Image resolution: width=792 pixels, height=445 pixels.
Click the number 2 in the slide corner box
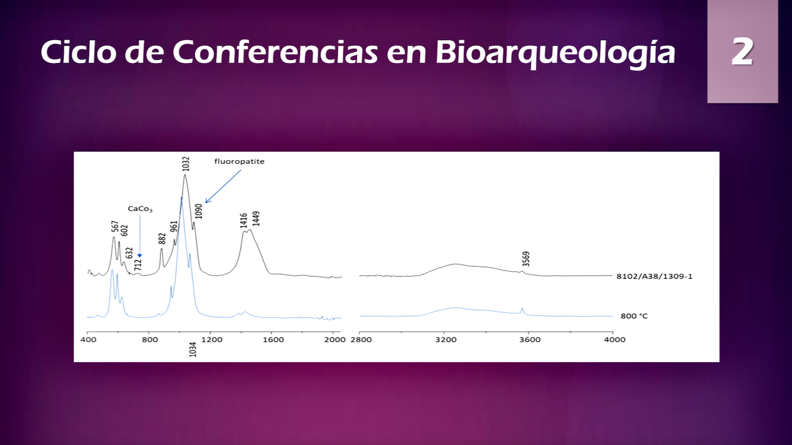(742, 52)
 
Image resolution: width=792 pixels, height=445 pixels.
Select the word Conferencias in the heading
(275, 52)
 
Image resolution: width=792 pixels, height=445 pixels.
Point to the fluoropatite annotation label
(239, 161)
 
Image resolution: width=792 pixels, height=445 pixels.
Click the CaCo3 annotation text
(140, 209)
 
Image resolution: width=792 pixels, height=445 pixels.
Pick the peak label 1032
(186, 163)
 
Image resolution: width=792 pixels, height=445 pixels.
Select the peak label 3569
(526, 258)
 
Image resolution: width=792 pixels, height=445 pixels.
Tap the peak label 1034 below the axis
(192, 350)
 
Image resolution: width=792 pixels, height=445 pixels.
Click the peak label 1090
(199, 211)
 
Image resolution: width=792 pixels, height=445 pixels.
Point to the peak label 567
(115, 226)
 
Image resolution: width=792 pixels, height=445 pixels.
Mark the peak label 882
(162, 239)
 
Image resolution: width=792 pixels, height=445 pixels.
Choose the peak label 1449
(256, 218)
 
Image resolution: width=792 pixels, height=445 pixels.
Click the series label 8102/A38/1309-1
(654, 276)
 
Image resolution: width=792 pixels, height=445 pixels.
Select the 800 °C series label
(634, 316)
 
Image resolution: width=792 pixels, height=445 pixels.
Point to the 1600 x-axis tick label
(273, 339)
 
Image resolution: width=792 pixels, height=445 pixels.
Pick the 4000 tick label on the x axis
(613, 339)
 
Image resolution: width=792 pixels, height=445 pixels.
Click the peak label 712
(139, 265)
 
